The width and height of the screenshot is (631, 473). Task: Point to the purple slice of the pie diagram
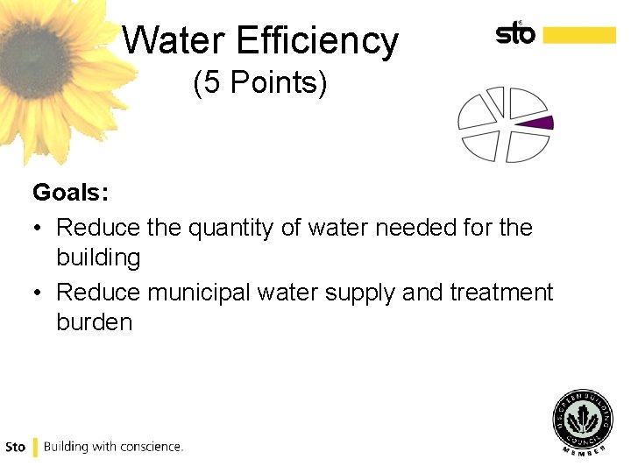point(536,123)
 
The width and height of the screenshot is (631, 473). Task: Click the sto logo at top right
point(515,33)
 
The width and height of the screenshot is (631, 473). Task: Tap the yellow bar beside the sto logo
point(578,34)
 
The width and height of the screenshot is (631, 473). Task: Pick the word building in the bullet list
point(98,258)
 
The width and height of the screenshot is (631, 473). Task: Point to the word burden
point(94,322)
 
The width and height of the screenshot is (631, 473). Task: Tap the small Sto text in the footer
point(15,447)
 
